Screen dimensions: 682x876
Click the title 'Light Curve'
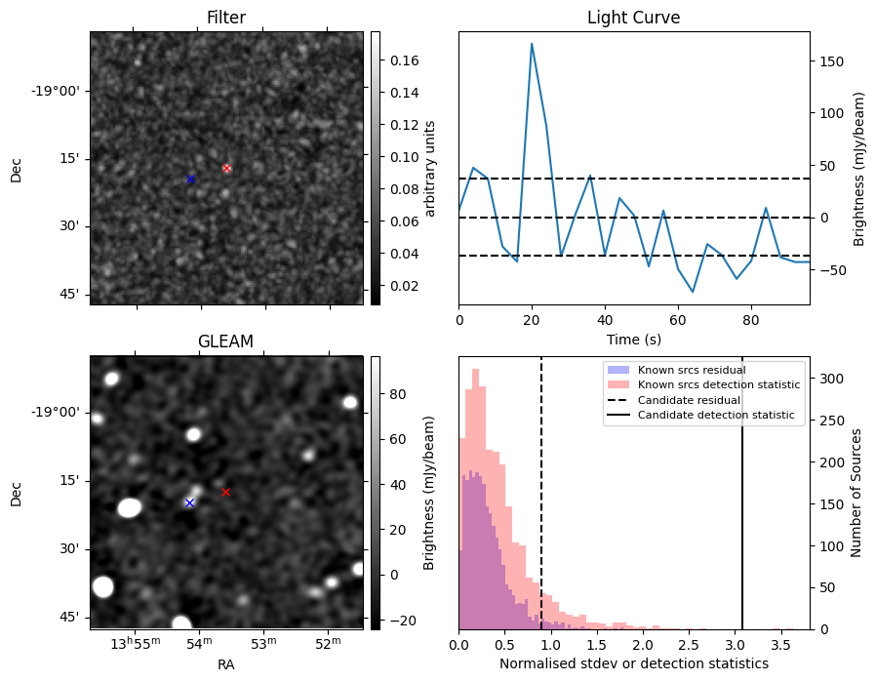click(633, 18)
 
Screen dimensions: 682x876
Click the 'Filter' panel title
click(226, 18)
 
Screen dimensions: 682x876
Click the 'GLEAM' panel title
click(225, 341)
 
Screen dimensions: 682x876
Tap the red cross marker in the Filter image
click(226, 168)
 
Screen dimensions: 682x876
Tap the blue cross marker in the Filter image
click(190, 179)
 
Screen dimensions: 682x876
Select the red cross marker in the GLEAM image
click(225, 492)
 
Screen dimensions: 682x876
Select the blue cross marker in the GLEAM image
click(189, 502)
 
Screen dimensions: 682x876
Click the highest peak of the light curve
click(532, 43)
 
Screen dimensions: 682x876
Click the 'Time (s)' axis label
click(633, 338)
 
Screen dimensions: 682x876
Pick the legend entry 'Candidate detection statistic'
click(715, 416)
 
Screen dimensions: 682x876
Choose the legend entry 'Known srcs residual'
click(692, 370)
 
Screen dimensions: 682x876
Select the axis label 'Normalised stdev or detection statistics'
click(633, 663)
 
